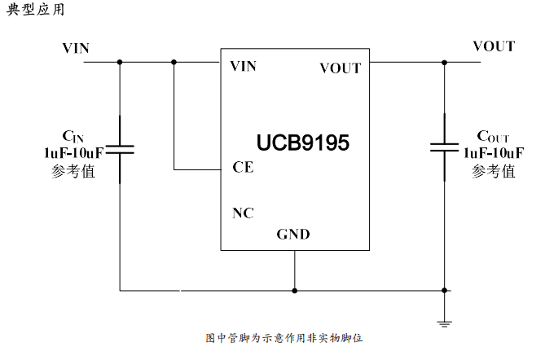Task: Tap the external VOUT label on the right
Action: point(494,46)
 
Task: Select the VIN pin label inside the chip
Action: point(244,66)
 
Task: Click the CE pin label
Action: point(243,168)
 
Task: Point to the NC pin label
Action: point(243,213)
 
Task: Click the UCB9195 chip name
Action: point(303,143)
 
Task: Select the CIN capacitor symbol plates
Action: point(120,148)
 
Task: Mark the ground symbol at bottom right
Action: point(444,323)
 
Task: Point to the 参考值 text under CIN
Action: point(73,171)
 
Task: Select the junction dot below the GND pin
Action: point(294,289)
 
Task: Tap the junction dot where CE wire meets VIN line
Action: point(174,61)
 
